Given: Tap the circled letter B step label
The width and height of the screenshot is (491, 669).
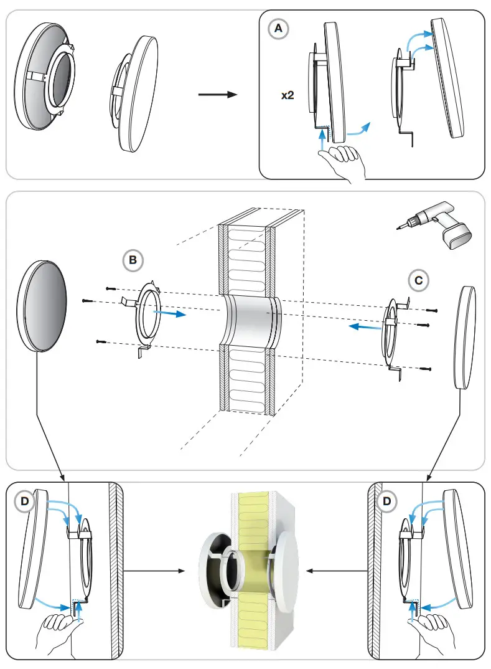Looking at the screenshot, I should (133, 260).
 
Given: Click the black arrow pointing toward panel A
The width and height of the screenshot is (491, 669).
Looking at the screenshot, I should (218, 95).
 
